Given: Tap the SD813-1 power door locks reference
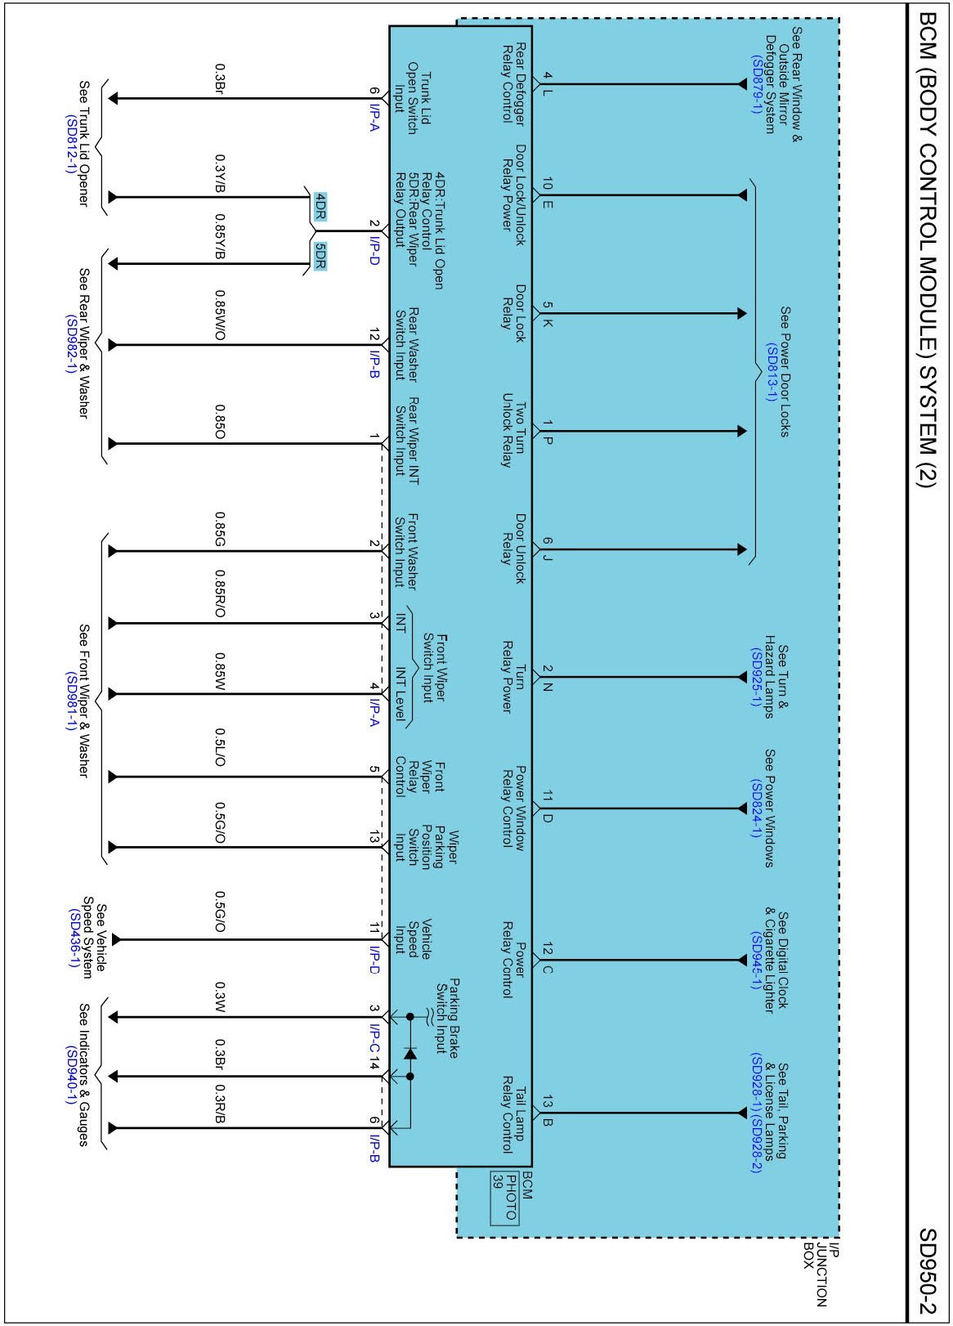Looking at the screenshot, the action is [x=770, y=372].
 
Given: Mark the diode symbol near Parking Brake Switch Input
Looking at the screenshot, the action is [x=410, y=1054].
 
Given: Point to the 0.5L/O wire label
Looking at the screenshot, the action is [x=220, y=747].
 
